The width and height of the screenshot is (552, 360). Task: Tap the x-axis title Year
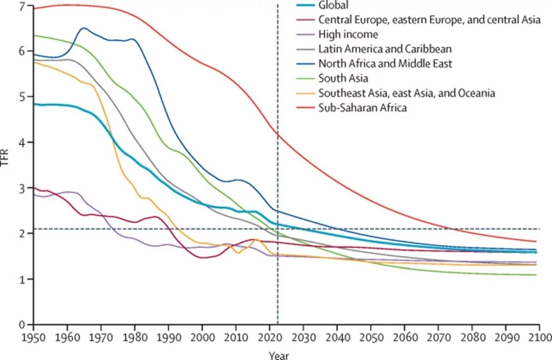point(279,354)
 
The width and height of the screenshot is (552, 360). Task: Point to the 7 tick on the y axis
point(22,6)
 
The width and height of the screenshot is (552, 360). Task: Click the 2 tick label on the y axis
point(22,234)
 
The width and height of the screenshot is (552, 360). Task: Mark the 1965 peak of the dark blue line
point(84,28)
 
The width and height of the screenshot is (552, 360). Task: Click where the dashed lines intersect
point(278,229)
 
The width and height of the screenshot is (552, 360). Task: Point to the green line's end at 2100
point(537,275)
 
